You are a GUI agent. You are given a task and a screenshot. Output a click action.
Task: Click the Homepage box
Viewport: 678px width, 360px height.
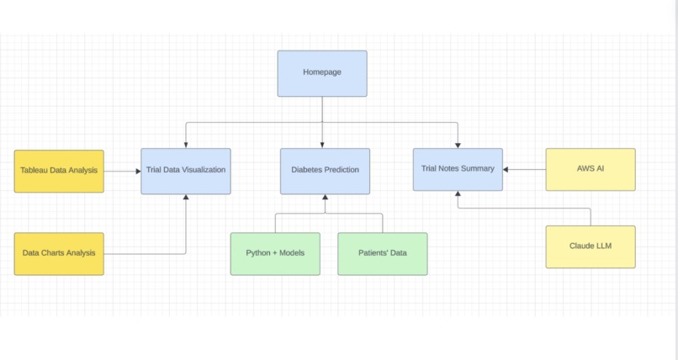[322, 73]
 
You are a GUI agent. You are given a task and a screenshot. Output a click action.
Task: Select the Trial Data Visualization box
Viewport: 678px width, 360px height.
[186, 171]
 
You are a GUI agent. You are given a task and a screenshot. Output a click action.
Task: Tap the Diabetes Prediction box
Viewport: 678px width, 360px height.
[326, 171]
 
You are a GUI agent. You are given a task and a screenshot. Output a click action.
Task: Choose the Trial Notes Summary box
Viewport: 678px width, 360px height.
[458, 169]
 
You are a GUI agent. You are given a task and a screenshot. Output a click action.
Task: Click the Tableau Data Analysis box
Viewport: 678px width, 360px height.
[59, 171]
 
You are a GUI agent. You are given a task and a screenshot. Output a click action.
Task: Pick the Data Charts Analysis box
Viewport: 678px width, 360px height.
[59, 254]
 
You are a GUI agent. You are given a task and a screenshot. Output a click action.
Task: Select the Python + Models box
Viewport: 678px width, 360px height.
[275, 254]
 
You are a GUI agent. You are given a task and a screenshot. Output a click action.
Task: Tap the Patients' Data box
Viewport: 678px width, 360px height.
[383, 254]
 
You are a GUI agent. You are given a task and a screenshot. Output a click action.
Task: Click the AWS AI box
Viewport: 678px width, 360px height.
[591, 169]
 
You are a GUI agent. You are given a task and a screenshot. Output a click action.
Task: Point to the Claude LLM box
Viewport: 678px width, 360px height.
[591, 246]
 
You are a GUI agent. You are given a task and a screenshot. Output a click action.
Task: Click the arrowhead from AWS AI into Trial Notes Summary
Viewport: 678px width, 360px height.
[506, 169]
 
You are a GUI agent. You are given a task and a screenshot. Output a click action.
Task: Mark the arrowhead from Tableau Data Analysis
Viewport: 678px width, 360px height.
[138, 171]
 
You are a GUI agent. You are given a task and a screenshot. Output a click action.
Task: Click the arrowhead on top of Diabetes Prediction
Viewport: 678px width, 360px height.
[322, 146]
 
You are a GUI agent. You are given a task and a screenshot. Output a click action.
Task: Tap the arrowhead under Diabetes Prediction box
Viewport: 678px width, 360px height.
[326, 197]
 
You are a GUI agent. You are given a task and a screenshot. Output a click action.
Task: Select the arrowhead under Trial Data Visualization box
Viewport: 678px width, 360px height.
[186, 197]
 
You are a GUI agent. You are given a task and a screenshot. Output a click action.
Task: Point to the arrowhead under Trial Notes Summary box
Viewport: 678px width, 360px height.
[458, 193]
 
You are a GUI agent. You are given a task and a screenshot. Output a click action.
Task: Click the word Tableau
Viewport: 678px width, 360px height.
[34, 170]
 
